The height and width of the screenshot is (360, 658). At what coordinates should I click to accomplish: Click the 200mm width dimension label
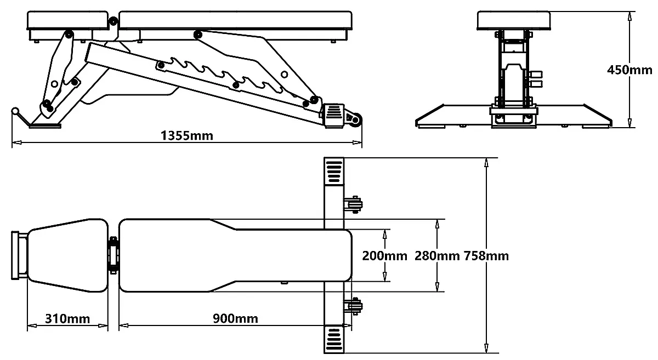coord(384,255)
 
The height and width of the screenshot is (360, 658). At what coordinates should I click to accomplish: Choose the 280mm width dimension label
coord(436,255)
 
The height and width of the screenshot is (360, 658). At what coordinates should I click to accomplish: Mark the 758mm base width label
coord(486,255)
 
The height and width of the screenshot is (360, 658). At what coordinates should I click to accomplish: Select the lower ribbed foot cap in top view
coord(333,340)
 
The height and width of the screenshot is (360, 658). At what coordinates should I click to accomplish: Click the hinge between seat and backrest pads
coord(114,255)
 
